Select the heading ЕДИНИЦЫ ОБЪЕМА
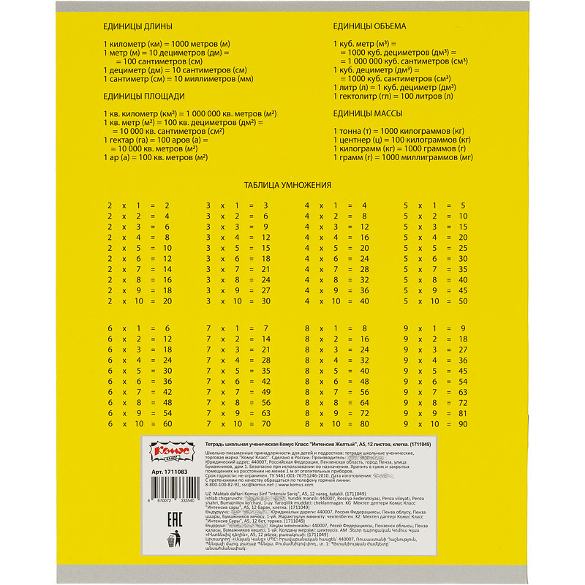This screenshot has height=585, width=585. click(370, 27)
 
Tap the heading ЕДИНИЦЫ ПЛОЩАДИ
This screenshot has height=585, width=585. click(144, 97)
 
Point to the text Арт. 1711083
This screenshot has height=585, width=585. click(175, 473)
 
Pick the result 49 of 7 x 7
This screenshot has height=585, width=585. click(265, 391)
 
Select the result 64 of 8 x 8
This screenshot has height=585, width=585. click(363, 401)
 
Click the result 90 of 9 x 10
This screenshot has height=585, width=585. click(462, 423)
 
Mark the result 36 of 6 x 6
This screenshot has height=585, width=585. click(167, 380)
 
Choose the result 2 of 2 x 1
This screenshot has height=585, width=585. click(167, 205)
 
